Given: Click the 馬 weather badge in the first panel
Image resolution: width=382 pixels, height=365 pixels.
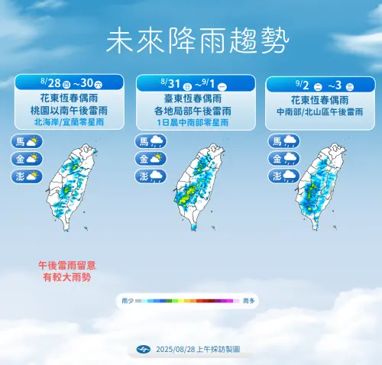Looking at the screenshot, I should (26, 142).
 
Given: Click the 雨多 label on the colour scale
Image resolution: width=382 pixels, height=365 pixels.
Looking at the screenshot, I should (249, 302).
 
